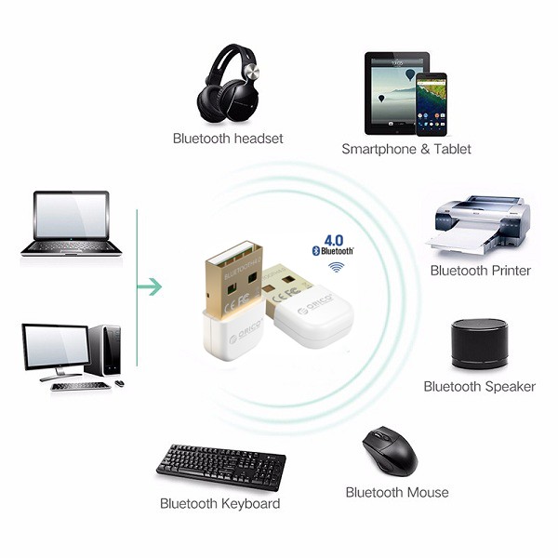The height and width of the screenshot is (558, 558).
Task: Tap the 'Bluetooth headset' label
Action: click(x=228, y=139)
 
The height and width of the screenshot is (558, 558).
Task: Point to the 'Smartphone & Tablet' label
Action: click(x=406, y=149)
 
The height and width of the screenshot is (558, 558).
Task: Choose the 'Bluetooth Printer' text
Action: click(x=480, y=271)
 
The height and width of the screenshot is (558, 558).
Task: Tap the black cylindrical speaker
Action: click(x=479, y=345)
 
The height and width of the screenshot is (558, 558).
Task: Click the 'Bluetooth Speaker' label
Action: click(x=479, y=386)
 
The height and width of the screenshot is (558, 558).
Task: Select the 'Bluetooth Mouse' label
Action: click(x=397, y=492)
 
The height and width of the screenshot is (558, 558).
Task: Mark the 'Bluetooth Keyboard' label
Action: click(x=219, y=504)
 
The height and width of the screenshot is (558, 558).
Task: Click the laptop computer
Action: click(x=71, y=223)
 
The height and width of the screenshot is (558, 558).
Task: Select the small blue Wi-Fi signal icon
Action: click(x=335, y=267)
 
